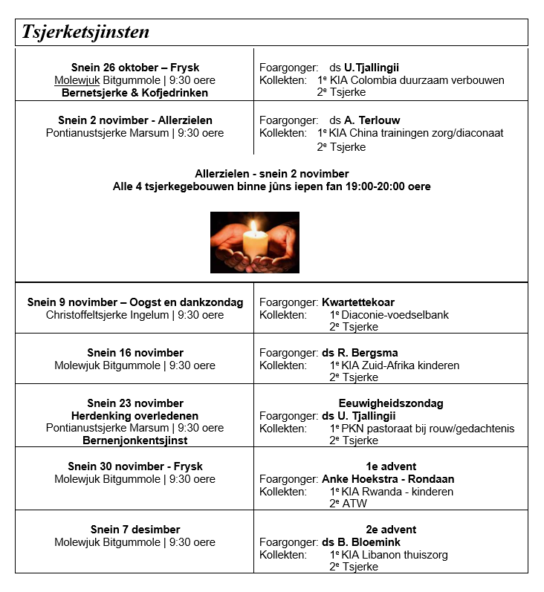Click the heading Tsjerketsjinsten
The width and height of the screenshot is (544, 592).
(85, 32)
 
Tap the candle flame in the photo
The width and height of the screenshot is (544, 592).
(254, 226)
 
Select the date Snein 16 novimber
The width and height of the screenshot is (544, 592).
(135, 353)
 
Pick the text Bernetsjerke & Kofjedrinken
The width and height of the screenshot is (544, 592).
(135, 93)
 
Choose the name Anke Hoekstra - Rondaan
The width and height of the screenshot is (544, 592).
(388, 479)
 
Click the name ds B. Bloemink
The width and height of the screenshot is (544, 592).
(361, 542)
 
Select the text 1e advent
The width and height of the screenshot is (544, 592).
(390, 466)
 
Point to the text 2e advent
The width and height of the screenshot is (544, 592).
(390, 530)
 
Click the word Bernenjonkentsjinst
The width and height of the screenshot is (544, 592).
(135, 440)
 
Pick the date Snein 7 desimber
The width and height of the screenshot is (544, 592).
(135, 530)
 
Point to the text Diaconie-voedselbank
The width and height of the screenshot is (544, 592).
(395, 315)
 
